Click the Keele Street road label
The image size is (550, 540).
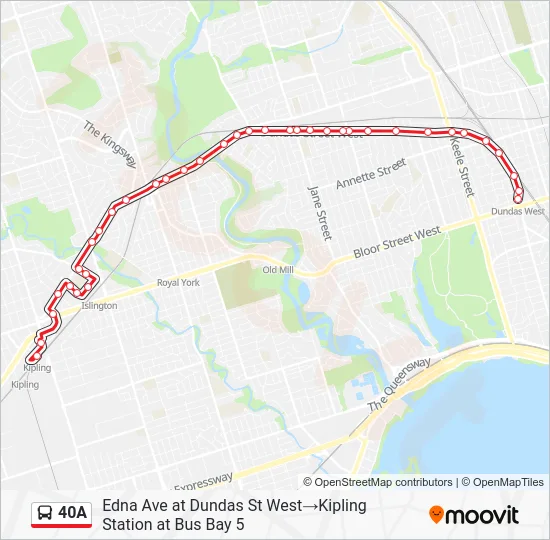tap(461, 166)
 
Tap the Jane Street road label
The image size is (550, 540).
tap(319, 211)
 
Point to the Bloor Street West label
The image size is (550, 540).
tap(398, 244)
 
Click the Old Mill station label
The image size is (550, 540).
tap(278, 270)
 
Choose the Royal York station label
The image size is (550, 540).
tap(178, 283)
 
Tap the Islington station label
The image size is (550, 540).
tap(99, 306)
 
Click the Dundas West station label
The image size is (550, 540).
tap(518, 212)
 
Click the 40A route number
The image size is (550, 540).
tap(73, 514)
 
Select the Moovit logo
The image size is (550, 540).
tap(474, 515)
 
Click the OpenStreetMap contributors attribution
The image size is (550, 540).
tap(384, 482)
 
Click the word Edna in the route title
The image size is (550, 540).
tap(119, 505)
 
